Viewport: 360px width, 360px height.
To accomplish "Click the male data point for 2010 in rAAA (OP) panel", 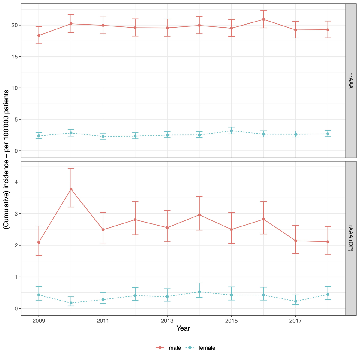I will tap(71, 189).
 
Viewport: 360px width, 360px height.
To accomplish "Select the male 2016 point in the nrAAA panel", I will tap(263, 19).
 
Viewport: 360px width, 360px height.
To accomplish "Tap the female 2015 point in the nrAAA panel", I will tap(231, 131).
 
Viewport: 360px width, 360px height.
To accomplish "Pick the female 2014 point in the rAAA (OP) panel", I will tap(199, 292).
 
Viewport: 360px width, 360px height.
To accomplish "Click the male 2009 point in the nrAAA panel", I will tap(39, 35).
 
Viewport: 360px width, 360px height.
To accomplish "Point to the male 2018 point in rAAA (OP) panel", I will tap(328, 242).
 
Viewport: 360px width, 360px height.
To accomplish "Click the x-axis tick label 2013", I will tap(167, 321).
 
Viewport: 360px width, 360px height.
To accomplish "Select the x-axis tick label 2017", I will tap(295, 321).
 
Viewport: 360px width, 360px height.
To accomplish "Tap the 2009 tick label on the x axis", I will tap(39, 321).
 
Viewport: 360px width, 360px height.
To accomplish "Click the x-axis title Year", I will tap(183, 328).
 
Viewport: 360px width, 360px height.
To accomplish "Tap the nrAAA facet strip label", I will tap(351, 80).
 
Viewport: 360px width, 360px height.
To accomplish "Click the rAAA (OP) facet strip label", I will tap(351, 238).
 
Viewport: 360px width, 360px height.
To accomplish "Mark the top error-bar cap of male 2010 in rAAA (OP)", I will tap(71, 168).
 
